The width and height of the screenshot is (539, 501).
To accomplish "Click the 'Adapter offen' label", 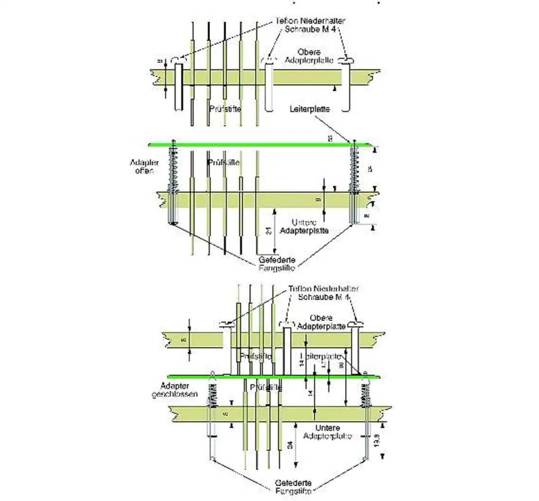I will tap(144, 167).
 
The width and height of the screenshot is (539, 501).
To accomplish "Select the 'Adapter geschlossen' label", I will tap(174, 390).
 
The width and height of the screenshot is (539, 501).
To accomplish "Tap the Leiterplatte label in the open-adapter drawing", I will tap(310, 109).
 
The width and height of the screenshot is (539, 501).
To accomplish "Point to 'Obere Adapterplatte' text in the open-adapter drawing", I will tap(309, 56).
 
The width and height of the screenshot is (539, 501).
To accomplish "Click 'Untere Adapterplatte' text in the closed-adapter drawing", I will tap(328, 432).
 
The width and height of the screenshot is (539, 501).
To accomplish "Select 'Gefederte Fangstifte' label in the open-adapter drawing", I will tap(277, 264).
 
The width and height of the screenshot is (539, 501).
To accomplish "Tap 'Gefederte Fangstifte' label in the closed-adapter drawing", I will tap(294, 487).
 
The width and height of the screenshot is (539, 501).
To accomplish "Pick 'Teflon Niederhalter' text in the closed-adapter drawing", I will tap(324, 289).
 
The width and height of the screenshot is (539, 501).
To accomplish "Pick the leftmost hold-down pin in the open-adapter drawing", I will tap(179, 86).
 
